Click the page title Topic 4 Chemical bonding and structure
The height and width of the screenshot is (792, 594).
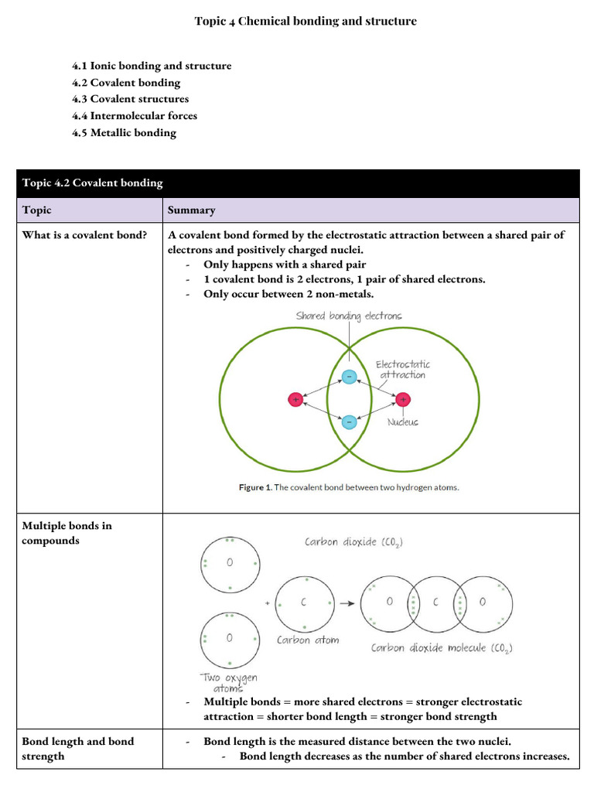(306, 21)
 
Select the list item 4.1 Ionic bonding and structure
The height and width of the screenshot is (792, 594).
(152, 66)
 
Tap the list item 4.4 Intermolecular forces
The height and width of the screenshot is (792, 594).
(135, 116)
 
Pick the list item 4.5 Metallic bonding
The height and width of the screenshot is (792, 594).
(124, 133)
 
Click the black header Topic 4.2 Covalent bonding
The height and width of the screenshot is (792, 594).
(93, 183)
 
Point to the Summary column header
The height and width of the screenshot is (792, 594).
(192, 210)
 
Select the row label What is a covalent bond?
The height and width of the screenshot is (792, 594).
(84, 235)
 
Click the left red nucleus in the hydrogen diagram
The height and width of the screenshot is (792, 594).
(295, 399)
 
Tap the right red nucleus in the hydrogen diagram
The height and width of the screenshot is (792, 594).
(403, 399)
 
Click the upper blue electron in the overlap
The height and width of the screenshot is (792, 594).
(349, 377)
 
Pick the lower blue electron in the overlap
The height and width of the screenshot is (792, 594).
(349, 422)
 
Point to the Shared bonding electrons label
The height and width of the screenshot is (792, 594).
(349, 316)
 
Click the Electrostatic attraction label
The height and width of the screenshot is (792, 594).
(403, 369)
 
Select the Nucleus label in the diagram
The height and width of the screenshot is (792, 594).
(403, 422)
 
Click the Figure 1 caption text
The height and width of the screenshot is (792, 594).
(349, 487)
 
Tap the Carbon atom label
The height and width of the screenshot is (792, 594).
(308, 640)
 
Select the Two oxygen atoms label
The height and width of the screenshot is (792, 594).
(229, 682)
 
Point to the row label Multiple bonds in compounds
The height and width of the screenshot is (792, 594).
(67, 533)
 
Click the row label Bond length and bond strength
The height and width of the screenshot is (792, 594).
(77, 749)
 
